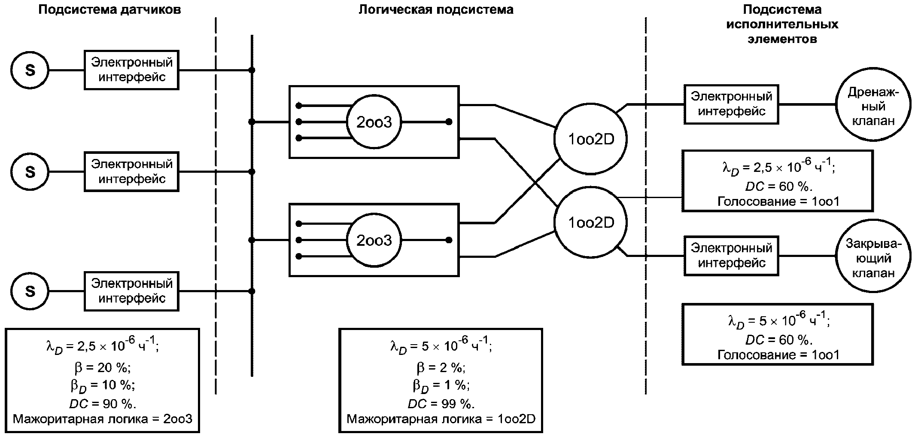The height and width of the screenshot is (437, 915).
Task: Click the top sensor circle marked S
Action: click(x=30, y=70)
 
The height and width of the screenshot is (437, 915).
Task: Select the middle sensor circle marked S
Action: click(x=30, y=172)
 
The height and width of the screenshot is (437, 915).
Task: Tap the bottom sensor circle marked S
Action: click(x=30, y=291)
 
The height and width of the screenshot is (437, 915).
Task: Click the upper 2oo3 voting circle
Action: click(x=374, y=122)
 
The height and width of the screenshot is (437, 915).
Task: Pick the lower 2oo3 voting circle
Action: click(x=374, y=240)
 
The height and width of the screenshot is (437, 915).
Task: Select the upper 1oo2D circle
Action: click(x=591, y=139)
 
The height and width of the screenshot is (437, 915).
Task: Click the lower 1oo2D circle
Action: click(x=591, y=223)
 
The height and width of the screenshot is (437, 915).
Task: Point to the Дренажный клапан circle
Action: click(x=873, y=106)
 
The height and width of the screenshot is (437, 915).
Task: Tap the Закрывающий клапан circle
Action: click(x=873, y=258)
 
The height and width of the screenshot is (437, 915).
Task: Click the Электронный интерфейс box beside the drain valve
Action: click(x=731, y=104)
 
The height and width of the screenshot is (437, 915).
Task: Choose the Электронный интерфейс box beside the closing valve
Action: click(x=731, y=256)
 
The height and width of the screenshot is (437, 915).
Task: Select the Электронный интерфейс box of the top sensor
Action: click(x=131, y=70)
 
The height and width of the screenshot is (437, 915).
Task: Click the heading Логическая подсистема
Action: click(x=436, y=10)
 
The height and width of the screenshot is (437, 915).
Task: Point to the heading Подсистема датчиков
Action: click(x=109, y=10)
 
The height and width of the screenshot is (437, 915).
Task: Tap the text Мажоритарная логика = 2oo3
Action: click(x=103, y=419)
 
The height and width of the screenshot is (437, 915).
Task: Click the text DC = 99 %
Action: click(x=441, y=404)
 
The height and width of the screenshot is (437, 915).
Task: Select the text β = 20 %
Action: click(x=103, y=367)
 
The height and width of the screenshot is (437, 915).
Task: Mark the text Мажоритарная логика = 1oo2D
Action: click(x=441, y=419)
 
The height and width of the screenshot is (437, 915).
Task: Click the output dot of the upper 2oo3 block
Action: click(x=449, y=122)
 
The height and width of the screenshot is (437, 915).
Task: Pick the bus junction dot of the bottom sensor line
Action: click(x=252, y=291)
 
